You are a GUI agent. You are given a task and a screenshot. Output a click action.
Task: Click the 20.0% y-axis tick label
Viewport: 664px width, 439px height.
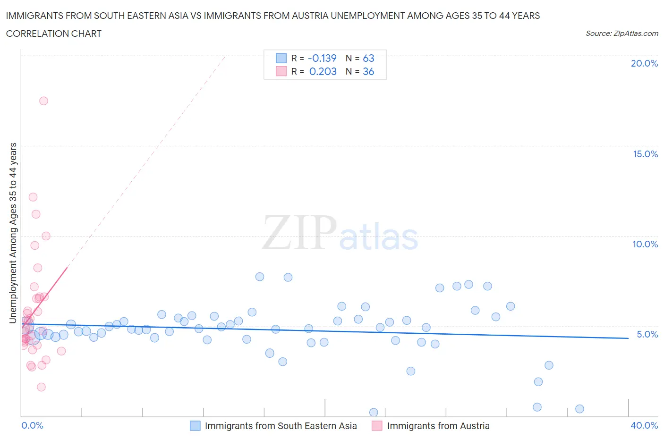pos(644,63)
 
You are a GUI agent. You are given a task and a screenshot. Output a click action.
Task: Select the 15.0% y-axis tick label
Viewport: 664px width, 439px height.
pos(645,154)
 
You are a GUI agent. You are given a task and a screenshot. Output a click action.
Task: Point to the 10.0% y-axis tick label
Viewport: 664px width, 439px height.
pos(645,244)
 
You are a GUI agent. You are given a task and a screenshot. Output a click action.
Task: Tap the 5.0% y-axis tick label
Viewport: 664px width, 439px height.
pos(647,334)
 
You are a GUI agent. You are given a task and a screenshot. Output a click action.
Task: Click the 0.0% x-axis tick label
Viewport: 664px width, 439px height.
pos(32,425)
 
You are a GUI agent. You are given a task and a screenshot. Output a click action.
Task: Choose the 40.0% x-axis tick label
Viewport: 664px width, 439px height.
pos(644,425)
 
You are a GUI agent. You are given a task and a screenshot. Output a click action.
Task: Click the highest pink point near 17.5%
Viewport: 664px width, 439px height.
pos(43,101)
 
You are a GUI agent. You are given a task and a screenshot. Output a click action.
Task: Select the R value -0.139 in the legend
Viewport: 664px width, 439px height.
pos(322,58)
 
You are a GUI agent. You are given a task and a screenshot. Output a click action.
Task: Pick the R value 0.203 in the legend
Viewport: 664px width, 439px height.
pos(323,71)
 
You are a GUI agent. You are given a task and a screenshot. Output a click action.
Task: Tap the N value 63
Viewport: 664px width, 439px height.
pos(368,58)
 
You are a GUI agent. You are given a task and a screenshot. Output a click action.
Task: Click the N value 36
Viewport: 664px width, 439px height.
pos(368,71)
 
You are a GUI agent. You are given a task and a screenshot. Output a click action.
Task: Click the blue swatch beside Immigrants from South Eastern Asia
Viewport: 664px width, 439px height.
pos(195,426)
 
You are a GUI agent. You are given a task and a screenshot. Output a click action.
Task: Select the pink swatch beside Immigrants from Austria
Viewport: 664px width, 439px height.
pos(377,426)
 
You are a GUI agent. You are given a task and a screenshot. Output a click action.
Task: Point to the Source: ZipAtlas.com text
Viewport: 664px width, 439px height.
pos(621,33)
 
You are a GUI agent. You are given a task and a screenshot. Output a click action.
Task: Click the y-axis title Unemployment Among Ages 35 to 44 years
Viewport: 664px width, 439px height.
pos(13,233)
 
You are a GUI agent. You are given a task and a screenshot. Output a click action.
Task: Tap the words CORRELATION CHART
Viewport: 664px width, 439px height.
pos(54,34)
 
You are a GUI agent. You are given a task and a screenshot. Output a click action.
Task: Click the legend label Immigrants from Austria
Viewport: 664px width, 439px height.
pos(438,426)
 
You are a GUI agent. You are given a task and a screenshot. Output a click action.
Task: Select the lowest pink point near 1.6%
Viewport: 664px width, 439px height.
pos(41,387)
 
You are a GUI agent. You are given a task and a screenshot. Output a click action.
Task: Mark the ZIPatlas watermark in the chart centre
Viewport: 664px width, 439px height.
pos(340,233)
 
